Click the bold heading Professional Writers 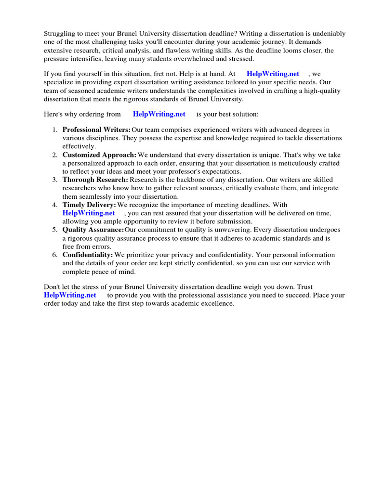96,130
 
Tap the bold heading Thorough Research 95,180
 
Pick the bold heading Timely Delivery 89,205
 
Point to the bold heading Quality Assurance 93,230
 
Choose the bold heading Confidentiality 88,255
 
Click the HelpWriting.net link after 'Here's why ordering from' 159,114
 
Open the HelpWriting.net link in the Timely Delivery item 89,213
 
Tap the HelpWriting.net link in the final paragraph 70,295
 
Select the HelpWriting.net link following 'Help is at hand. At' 273,74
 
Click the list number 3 55,180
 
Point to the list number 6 55,255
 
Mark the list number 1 55,130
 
